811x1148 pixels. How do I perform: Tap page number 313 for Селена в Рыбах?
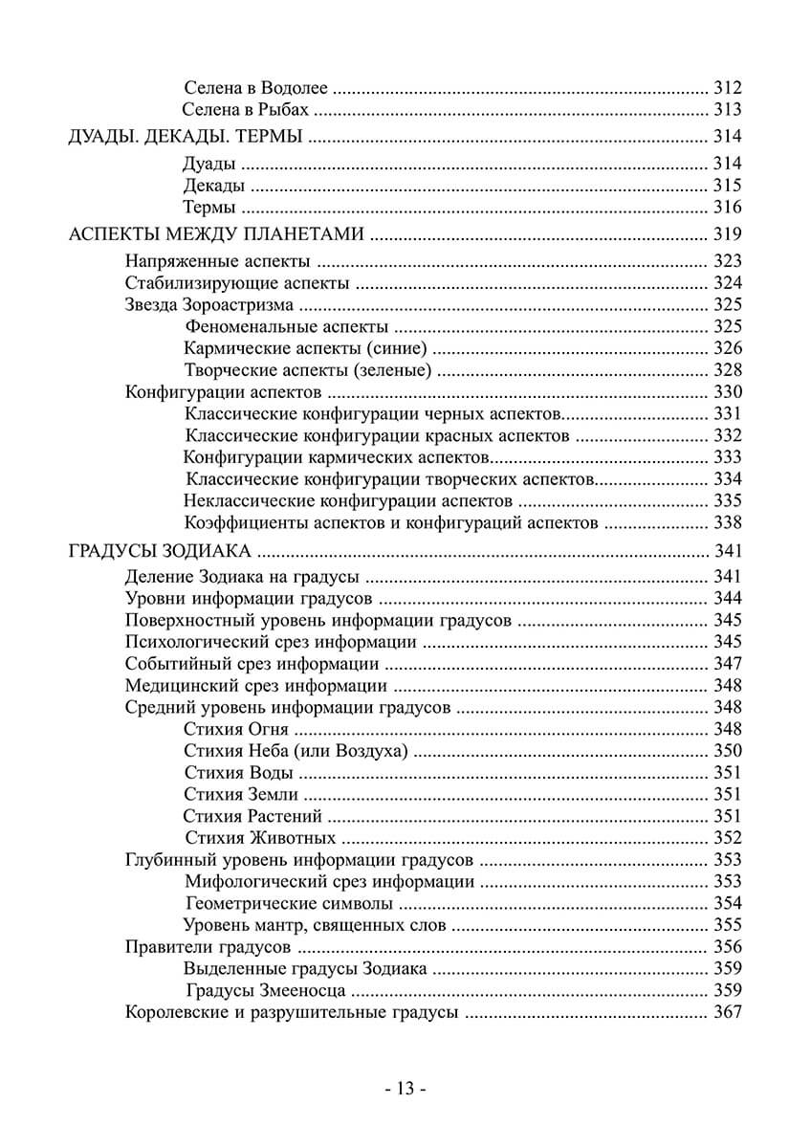[x=728, y=109]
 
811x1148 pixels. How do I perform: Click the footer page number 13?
[x=405, y=1088]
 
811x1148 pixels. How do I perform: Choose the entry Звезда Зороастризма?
[x=209, y=306]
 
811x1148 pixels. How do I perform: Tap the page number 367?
[x=728, y=1013]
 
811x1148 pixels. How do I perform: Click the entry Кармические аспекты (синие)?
[x=305, y=348]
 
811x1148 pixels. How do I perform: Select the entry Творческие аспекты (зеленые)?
[x=307, y=370]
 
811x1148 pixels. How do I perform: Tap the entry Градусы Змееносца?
[x=266, y=990]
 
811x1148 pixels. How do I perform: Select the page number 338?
[x=728, y=522]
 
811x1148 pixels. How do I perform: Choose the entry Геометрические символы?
[x=288, y=903]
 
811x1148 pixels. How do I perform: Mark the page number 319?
[x=728, y=233]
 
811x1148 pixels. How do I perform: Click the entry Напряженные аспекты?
[x=217, y=260]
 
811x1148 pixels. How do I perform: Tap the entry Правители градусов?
[x=208, y=947]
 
